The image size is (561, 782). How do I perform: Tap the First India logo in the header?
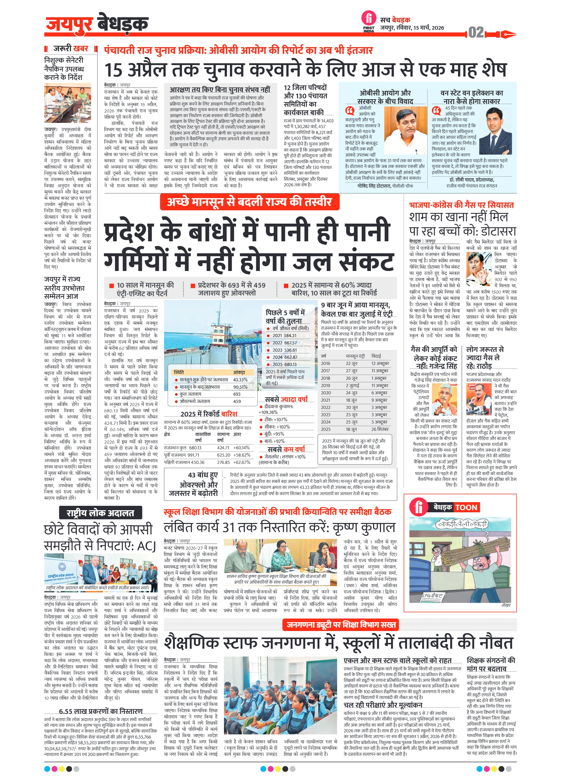(x=369, y=21)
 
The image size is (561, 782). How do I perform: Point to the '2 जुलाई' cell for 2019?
(x=353, y=386)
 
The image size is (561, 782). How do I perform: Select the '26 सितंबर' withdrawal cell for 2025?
(x=380, y=429)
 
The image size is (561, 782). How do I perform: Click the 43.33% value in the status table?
(x=240, y=380)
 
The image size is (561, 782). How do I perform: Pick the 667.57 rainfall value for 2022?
(x=289, y=343)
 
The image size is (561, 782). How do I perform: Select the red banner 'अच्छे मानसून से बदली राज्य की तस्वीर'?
(x=250, y=202)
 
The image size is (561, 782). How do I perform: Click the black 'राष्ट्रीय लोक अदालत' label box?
(x=100, y=513)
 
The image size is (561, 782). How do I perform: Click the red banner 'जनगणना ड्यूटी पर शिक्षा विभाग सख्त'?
(x=341, y=625)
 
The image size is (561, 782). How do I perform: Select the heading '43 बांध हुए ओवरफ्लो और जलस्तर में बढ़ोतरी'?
(x=193, y=484)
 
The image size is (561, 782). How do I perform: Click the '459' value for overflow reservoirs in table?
(x=237, y=401)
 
